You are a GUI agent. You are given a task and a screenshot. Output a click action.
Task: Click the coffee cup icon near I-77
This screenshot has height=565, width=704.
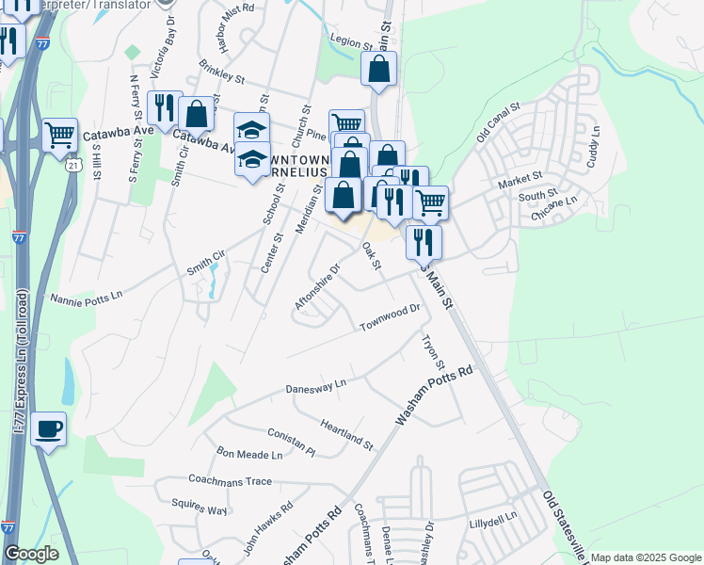pyautogui.click(x=48, y=429)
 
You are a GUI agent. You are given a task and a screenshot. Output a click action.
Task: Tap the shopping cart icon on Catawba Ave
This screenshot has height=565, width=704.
pyautogui.click(x=59, y=135)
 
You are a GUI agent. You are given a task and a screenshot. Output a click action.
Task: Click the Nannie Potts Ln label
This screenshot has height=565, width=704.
pyautogui.click(x=87, y=296)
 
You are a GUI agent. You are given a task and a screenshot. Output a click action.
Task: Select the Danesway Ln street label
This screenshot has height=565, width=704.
pyautogui.click(x=316, y=387)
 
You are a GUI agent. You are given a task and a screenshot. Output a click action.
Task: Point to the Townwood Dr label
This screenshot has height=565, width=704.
pyautogui.click(x=389, y=318)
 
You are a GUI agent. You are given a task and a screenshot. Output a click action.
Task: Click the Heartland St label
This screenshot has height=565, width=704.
pyautogui.click(x=346, y=433)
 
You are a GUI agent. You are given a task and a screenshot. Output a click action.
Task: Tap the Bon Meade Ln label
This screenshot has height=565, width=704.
pyautogui.click(x=249, y=454)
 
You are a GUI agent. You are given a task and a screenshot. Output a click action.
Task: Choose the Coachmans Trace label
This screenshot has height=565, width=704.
pyautogui.click(x=231, y=481)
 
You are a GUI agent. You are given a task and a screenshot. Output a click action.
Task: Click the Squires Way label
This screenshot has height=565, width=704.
pyautogui.click(x=204, y=509)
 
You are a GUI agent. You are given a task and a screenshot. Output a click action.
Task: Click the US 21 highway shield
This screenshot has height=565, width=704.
pyautogui.click(x=72, y=165)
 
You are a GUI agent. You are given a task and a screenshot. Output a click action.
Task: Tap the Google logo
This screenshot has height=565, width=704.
pyautogui.click(x=31, y=554)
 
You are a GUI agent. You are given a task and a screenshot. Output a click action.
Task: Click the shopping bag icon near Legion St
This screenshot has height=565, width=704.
pyautogui.click(x=378, y=69)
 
